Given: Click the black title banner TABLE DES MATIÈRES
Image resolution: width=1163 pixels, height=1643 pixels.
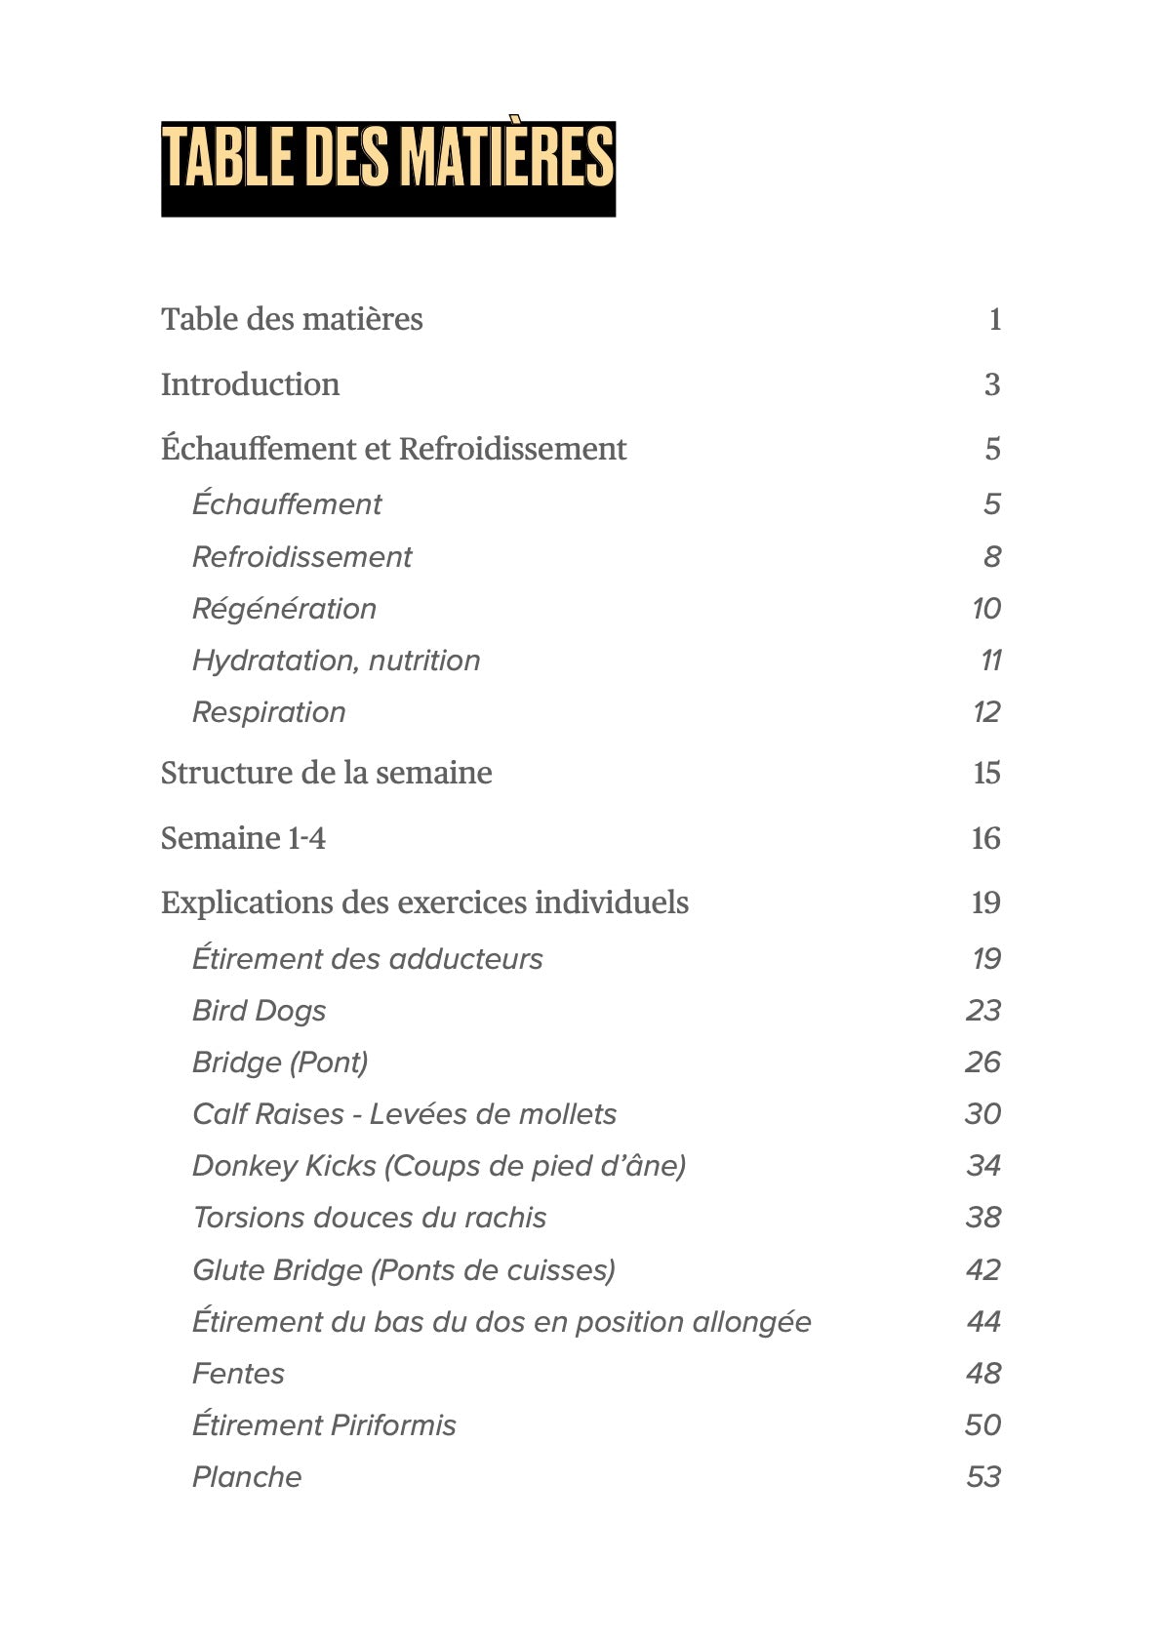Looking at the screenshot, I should (x=387, y=168).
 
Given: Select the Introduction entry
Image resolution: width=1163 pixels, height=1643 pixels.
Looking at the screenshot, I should (x=250, y=384).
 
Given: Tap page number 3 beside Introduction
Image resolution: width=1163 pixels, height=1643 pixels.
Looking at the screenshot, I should (x=991, y=384).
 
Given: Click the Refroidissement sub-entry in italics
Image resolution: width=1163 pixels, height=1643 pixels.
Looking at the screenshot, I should (x=301, y=556).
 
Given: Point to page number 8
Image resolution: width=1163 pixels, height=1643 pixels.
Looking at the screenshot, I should (x=991, y=556).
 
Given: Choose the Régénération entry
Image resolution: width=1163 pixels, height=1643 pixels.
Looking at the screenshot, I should (x=284, y=609).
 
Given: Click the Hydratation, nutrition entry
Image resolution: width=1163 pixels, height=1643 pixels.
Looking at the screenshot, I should (x=336, y=661).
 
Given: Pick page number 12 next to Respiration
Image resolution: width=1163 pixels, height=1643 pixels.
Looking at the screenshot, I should (x=986, y=712).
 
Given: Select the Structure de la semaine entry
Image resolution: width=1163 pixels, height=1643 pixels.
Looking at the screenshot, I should (x=326, y=773).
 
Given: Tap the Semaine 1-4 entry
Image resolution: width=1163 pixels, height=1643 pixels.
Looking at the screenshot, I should (x=243, y=838).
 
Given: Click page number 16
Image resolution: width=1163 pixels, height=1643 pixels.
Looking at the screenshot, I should (x=985, y=838).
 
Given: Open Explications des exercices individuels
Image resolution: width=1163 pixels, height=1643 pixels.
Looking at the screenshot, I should (x=424, y=902).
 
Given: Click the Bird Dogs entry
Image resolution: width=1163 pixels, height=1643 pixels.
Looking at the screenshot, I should (x=259, y=1011).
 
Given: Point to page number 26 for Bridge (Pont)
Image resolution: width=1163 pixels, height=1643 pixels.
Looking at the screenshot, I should (x=983, y=1062).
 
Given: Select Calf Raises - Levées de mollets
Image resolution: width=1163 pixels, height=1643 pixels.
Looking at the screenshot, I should (x=404, y=1114).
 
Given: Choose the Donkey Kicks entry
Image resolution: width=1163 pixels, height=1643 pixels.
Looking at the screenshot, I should (x=439, y=1166).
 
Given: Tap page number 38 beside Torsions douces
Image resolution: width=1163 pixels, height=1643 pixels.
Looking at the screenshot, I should (x=983, y=1218).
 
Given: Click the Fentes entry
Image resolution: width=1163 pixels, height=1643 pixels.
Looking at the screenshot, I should (x=238, y=1374).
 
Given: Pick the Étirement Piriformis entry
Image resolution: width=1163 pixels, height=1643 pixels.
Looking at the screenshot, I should (x=324, y=1425).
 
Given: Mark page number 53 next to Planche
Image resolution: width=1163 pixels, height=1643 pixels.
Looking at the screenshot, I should (x=983, y=1477).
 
